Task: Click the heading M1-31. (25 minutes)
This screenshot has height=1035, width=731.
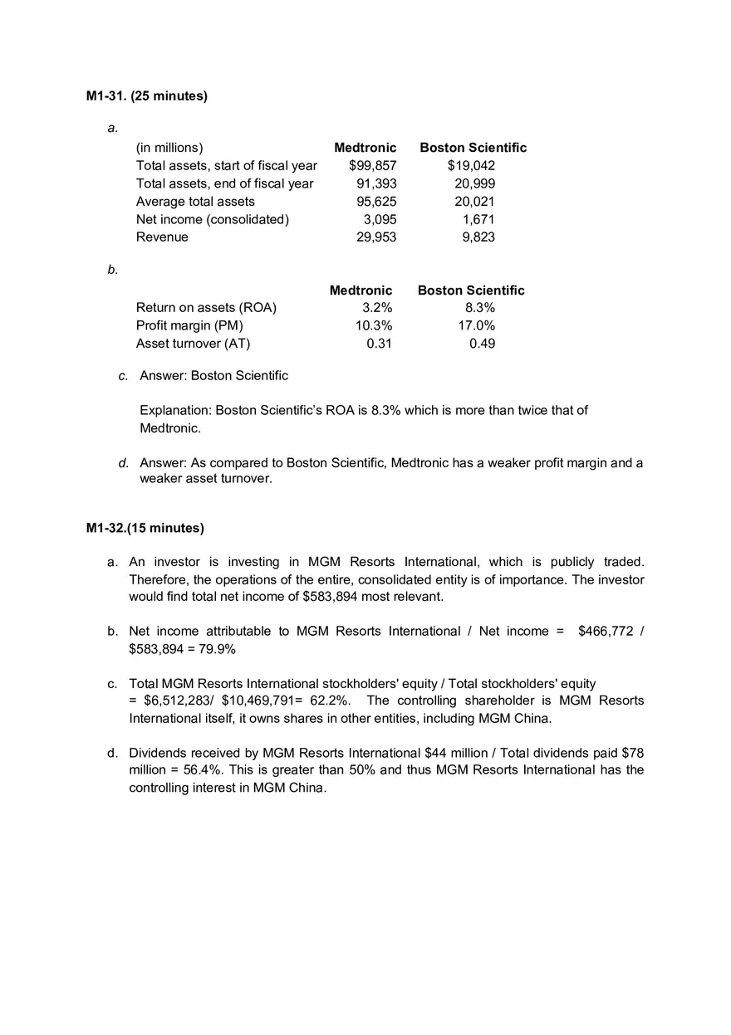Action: coord(147,96)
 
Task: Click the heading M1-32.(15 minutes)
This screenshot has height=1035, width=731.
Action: coord(145,528)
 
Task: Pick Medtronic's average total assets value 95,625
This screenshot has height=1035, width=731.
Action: coord(376,202)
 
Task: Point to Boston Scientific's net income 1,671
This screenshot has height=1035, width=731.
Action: coord(478,219)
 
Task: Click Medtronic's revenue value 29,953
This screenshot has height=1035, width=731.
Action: coord(376,237)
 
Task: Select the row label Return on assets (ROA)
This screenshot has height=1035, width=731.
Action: coord(206,308)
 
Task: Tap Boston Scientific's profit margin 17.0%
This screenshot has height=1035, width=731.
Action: coord(477,325)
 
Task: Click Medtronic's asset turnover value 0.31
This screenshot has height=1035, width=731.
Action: coord(379,344)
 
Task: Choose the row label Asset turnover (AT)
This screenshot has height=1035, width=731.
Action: coord(193,344)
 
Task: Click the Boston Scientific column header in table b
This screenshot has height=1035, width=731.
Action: coord(471,290)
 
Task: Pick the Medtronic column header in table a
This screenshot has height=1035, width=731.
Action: coord(365,148)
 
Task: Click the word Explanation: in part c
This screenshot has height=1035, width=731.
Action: coord(175,410)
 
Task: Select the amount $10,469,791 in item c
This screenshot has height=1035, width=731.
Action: coord(256,701)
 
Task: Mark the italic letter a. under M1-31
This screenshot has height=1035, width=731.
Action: coord(113,128)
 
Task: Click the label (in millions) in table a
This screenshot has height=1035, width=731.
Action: coord(169,148)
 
